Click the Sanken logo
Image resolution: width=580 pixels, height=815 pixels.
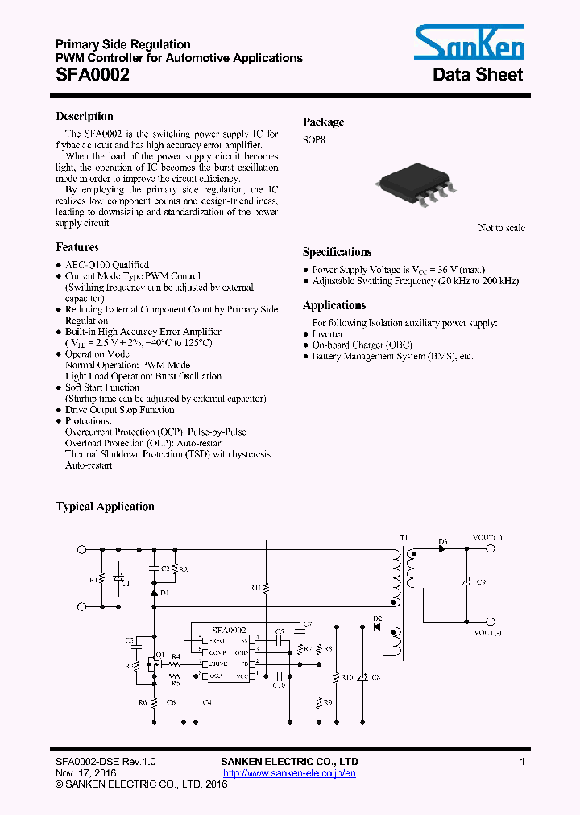point(469,42)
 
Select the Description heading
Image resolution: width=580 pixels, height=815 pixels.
point(85,116)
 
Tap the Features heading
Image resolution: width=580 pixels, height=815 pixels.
point(77,247)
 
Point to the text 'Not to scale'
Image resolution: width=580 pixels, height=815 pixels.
point(501,228)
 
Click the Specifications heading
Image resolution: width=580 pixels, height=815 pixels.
point(337,252)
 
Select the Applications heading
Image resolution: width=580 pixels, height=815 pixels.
point(334,305)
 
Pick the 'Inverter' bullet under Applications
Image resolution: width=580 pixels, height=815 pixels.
point(328,333)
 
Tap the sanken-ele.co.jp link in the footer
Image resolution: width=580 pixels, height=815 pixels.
point(289,773)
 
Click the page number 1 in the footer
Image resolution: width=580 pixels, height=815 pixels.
point(523,762)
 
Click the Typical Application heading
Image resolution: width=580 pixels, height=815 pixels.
point(105,507)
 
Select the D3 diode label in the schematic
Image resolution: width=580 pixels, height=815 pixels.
point(443,540)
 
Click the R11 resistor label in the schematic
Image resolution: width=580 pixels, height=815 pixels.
point(255,589)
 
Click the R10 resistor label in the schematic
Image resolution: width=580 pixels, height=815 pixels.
point(347,677)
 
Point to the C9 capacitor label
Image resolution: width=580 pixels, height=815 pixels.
point(482,581)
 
